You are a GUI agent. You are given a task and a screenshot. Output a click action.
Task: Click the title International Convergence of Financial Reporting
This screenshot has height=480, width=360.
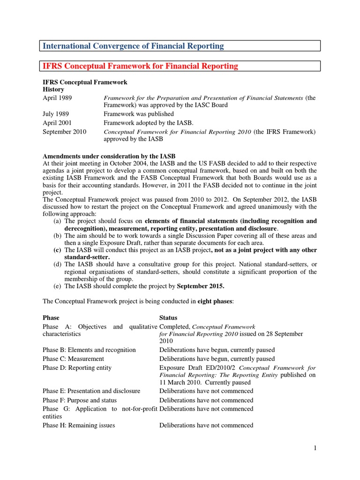pyautogui.click(x=133, y=46)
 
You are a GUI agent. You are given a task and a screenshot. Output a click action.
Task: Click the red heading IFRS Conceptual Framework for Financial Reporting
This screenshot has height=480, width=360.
pyautogui.click(x=140, y=66)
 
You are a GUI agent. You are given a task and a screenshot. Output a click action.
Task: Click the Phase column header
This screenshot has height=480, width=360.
pyautogui.click(x=52, y=318)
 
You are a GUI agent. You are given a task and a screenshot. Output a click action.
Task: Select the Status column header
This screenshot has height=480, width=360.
pyautogui.click(x=169, y=318)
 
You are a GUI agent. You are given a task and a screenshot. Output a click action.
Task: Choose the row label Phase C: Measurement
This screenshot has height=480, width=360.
pyautogui.click(x=73, y=359)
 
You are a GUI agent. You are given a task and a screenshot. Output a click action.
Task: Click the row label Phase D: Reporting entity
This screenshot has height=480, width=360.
pyautogui.click(x=77, y=367)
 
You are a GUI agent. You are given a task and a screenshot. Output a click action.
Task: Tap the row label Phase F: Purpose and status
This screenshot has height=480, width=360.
pyautogui.click(x=80, y=400)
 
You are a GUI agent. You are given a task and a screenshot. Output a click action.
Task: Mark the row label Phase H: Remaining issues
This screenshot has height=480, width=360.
pyautogui.click(x=79, y=425)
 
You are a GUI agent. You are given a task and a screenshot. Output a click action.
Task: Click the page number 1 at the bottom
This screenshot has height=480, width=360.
pyautogui.click(x=315, y=449)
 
